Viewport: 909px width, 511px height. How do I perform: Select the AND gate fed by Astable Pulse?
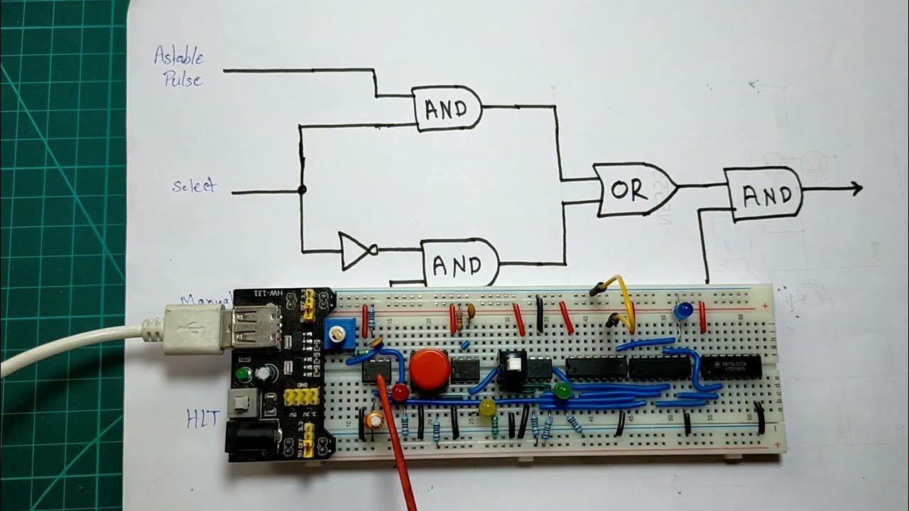click(447, 109)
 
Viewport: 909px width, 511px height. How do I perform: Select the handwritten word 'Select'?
click(193, 186)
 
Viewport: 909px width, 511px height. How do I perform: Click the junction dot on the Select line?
click(302, 190)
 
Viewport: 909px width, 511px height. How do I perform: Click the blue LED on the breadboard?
click(684, 310)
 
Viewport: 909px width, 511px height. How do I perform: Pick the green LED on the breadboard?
click(563, 390)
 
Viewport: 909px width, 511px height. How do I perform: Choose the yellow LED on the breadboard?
click(487, 407)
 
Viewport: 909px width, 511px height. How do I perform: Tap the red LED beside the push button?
click(401, 392)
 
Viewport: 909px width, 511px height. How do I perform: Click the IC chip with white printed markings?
click(731, 366)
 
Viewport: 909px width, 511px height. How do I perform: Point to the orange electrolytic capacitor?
click(374, 420)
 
